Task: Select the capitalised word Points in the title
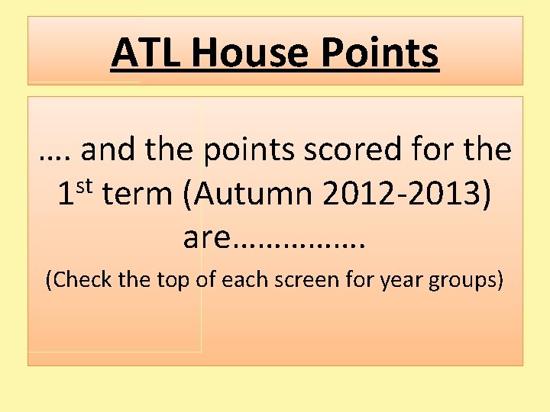(x=380, y=53)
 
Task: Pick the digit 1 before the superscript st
(x=67, y=195)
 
